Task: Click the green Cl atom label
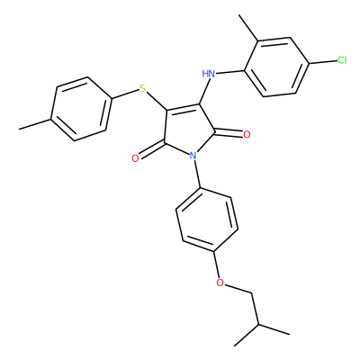pyautogui.click(x=342, y=60)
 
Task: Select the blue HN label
pyautogui.click(x=209, y=74)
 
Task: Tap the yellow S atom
pyautogui.click(x=142, y=88)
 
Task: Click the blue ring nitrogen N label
pyautogui.click(x=193, y=156)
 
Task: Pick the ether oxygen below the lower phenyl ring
pyautogui.click(x=220, y=283)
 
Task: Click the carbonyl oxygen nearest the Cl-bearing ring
pyautogui.click(x=247, y=135)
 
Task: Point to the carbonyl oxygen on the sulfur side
pyautogui.click(x=135, y=158)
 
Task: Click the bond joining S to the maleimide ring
pyautogui.click(x=157, y=102)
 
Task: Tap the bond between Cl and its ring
pyautogui.click(x=323, y=62)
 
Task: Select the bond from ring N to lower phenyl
pyautogui.click(x=197, y=175)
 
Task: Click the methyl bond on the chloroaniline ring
pyautogui.click(x=247, y=28)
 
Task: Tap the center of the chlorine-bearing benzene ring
pyautogui.click(x=276, y=67)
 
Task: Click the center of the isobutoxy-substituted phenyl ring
pyautogui.click(x=207, y=220)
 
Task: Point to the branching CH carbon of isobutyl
pyautogui.click(x=258, y=325)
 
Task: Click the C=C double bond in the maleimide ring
pyautogui.click(x=183, y=107)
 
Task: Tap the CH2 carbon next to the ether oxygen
pyautogui.click(x=251, y=293)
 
